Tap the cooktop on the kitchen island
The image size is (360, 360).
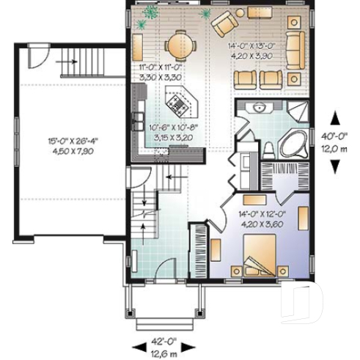pos(178,104)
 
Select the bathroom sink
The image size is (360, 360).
pos(258,110)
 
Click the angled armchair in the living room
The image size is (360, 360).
pos(222,25)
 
